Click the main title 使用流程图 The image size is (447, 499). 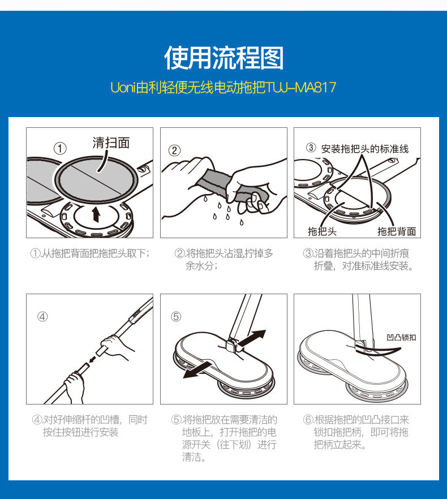(223, 58)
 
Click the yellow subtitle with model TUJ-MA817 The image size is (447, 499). (223, 88)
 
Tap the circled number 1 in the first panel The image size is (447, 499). (60, 149)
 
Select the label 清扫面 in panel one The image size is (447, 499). (111, 143)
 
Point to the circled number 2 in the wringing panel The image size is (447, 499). (174, 150)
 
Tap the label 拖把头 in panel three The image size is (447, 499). (322, 231)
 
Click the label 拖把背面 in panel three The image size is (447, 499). (397, 231)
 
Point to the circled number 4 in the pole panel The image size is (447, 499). (42, 317)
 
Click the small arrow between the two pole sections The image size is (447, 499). (93, 359)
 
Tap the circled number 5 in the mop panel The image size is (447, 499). (176, 317)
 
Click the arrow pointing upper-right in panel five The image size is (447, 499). (252, 338)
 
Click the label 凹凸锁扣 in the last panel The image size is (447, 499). (401, 337)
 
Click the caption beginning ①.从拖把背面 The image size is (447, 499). (90, 253)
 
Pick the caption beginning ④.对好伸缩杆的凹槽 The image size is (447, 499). (90, 426)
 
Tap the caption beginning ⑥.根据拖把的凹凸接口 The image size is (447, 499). (356, 432)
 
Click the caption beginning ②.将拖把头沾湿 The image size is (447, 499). (224, 259)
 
